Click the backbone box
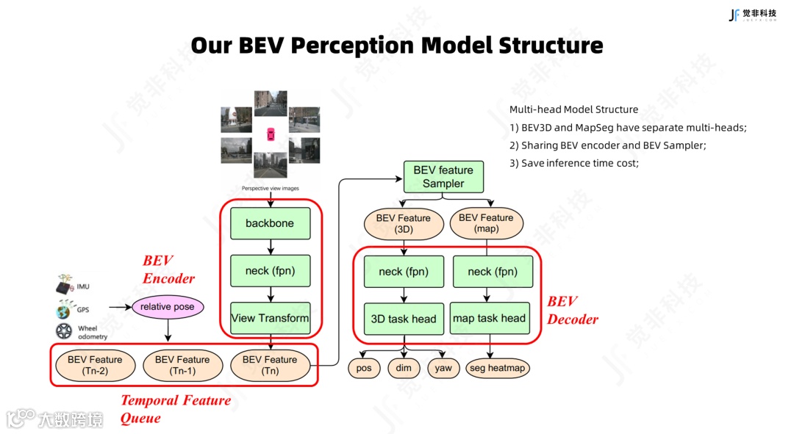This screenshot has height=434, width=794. click(270, 223)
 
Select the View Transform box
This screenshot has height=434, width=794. click(270, 318)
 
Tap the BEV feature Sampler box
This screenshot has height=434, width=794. click(443, 177)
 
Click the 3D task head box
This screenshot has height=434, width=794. click(404, 319)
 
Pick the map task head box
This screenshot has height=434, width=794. click(489, 318)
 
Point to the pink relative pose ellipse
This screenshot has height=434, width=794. click(168, 306)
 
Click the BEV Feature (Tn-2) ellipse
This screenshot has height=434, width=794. click(95, 365)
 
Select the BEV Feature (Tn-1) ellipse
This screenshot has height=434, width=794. click(182, 365)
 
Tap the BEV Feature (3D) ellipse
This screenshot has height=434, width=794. click(404, 223)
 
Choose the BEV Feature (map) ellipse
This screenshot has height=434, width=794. click(486, 223)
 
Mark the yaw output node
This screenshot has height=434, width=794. click(443, 368)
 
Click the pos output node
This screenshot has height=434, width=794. click(364, 368)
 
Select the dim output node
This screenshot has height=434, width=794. click(404, 368)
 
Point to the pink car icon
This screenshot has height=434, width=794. click(271, 135)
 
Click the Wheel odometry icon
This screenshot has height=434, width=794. click(65, 331)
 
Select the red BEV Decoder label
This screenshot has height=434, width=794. click(573, 310)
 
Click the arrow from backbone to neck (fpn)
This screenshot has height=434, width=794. click(270, 247)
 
